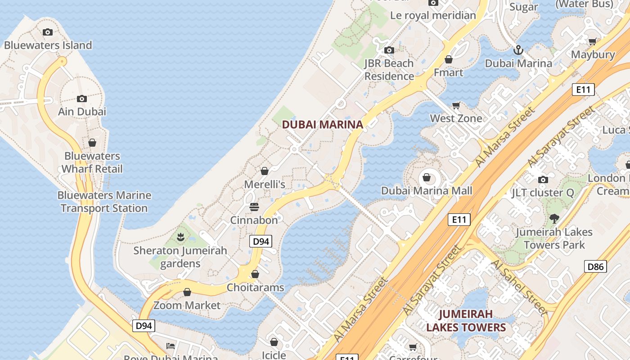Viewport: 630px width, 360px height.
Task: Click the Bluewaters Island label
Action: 48,45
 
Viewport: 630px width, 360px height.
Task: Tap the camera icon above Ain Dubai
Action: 81,99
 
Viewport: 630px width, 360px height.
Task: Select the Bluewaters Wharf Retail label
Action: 92,162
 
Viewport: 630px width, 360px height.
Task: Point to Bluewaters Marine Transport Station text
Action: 104,202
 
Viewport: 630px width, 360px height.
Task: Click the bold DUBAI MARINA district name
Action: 322,125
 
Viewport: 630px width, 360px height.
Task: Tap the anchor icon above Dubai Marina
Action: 518,49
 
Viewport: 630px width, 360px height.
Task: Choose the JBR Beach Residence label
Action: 389,70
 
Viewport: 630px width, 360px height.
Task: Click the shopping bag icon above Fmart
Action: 448,59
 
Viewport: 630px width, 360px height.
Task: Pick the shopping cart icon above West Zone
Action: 456,105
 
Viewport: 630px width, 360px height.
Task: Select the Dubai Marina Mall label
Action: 427,191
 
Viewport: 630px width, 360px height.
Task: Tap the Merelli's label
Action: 265,184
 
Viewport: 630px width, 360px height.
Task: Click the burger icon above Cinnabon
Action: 254,207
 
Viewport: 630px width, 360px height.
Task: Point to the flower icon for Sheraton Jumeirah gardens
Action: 180,236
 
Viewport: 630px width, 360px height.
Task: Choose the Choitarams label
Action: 255,287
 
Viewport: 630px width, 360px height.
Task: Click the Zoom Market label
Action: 187,305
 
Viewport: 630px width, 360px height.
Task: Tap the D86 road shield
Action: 595,266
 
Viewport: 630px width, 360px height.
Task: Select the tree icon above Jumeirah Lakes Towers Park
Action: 554,219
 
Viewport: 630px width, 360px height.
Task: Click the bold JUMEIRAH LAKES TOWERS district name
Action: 466,320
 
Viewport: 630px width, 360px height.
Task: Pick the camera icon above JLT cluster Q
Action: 543,180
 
